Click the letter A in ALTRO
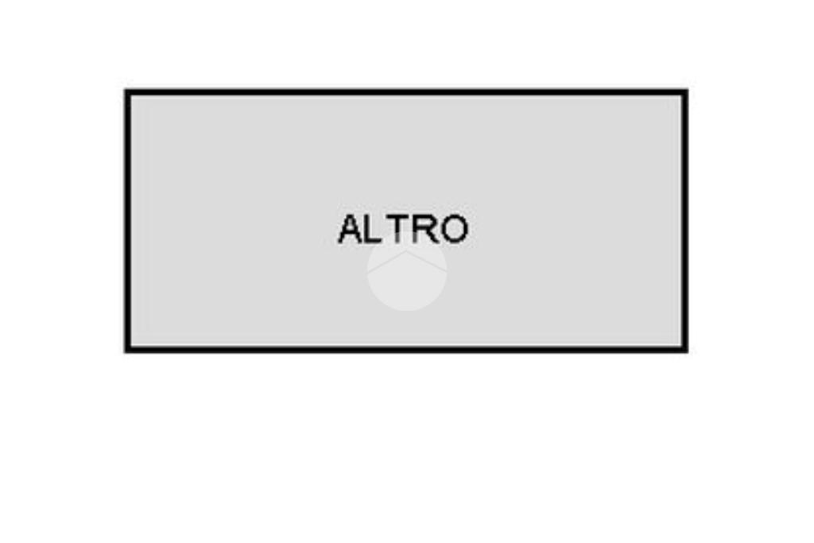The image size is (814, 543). coord(350,229)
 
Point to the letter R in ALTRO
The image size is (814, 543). coord(424,229)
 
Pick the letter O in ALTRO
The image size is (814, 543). coord(454,229)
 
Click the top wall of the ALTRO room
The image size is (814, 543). coord(406,92)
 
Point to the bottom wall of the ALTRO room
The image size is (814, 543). coord(406,349)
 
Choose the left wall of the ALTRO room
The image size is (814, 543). coord(127,221)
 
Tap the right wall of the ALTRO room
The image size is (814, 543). coord(685,221)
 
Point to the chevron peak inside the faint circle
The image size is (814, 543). coord(407,252)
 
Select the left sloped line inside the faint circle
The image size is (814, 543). coord(387,262)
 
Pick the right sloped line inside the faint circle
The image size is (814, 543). coord(427,262)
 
